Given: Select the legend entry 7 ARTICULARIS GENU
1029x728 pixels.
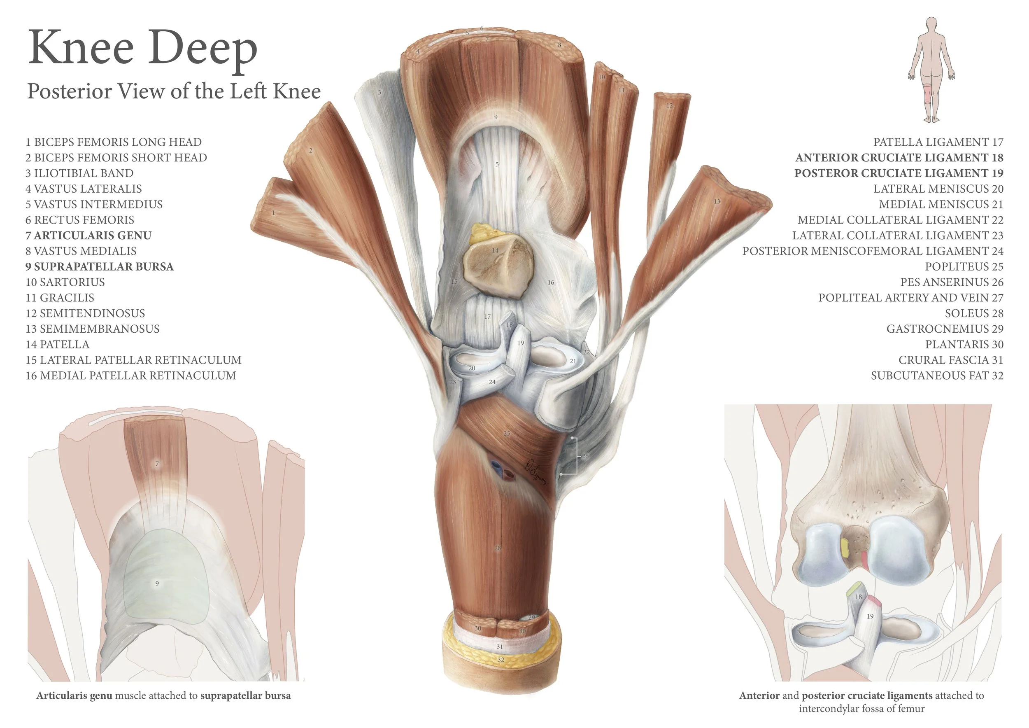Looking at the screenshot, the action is [89, 236].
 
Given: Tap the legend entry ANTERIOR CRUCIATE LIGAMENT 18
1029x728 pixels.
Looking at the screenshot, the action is [899, 158].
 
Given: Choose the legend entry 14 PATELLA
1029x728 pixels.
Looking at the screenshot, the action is [57, 344].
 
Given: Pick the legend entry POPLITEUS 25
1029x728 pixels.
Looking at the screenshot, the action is [964, 267].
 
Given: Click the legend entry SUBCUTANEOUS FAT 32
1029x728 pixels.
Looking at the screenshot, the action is [937, 376].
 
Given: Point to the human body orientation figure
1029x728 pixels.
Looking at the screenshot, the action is [931, 70].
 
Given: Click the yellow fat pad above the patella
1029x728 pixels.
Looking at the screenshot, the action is [483, 233].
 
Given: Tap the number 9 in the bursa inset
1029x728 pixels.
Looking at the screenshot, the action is [157, 583].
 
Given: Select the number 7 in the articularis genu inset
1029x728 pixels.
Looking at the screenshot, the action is [157, 464].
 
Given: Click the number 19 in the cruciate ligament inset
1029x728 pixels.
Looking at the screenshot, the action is [870, 616].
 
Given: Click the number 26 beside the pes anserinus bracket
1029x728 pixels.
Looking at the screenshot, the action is [585, 456].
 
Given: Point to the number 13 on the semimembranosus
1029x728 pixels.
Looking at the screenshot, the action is [717, 202].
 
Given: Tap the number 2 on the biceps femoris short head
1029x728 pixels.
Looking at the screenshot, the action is [311, 151].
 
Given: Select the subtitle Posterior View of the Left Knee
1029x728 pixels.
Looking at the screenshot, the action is [174, 91].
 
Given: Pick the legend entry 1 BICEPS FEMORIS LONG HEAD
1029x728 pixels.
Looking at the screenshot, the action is [113, 142].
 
